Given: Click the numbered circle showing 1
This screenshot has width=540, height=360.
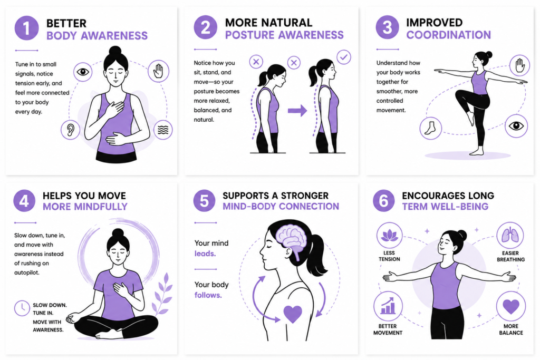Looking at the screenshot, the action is [26, 28].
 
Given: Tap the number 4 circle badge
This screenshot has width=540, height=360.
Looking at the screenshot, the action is [24, 201].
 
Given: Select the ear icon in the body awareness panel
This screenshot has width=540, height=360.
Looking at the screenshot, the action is [70, 130].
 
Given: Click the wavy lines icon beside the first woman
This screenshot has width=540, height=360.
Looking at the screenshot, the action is [163, 130].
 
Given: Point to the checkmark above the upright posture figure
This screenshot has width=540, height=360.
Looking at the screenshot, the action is [343, 57].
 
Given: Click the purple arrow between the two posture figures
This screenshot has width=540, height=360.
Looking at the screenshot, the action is [297, 111].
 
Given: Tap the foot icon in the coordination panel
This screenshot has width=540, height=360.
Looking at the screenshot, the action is [430, 128].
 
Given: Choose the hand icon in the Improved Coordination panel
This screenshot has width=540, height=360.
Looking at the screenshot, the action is [519, 65].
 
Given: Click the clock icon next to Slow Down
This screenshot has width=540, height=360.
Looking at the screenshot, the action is [22, 308].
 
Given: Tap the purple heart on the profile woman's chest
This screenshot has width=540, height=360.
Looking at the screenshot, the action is [293, 314].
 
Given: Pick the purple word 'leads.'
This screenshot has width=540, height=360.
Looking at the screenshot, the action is [205, 254].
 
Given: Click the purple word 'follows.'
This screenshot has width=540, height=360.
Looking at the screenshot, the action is [208, 295].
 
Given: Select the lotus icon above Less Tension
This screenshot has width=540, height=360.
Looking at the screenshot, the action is [390, 236].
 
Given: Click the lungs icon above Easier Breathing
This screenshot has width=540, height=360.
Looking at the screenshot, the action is [510, 236].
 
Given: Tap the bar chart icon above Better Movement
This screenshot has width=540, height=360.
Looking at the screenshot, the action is [388, 306].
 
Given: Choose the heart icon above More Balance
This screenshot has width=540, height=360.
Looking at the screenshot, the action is [510, 306].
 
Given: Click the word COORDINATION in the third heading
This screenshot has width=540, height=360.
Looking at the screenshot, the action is [448, 35].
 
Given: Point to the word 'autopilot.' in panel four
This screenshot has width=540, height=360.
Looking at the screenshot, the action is [27, 273].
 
